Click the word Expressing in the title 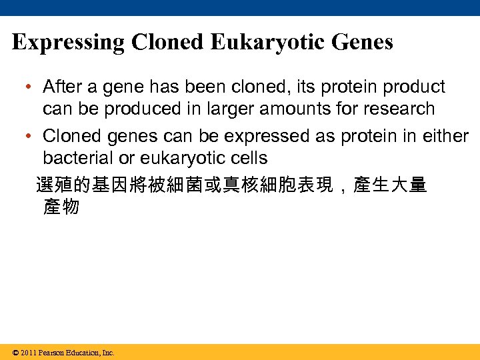coord(69,43)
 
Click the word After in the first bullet coord(62,87)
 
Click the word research coord(402,109)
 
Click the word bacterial coord(77,159)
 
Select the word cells coord(247,159)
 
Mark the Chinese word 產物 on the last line coord(61,207)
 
